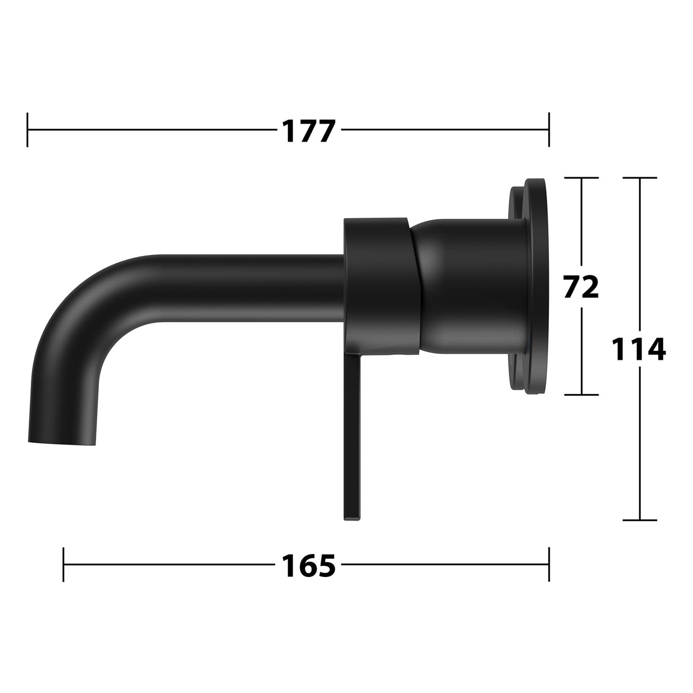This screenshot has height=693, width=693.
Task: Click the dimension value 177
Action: [308, 131]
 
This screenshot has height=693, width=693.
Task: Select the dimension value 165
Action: [309, 565]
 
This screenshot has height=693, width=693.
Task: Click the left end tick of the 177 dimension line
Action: [28, 130]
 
